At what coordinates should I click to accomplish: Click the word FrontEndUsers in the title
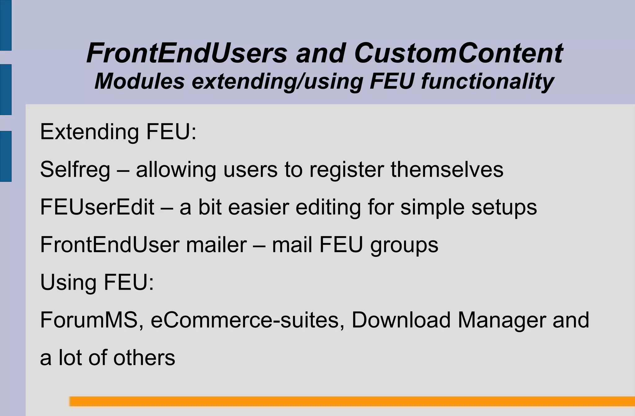[187, 53]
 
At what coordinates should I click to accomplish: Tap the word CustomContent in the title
[458, 53]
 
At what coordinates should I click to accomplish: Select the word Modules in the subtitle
[140, 81]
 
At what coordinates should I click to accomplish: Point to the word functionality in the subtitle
[487, 81]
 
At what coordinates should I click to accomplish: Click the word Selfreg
[75, 170]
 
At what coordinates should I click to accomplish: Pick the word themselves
[447, 170]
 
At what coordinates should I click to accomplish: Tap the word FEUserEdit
[97, 207]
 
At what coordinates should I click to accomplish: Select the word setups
[504, 207]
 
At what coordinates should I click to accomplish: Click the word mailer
[216, 245]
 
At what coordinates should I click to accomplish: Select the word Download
[401, 320]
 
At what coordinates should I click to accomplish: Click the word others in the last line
[144, 358]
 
